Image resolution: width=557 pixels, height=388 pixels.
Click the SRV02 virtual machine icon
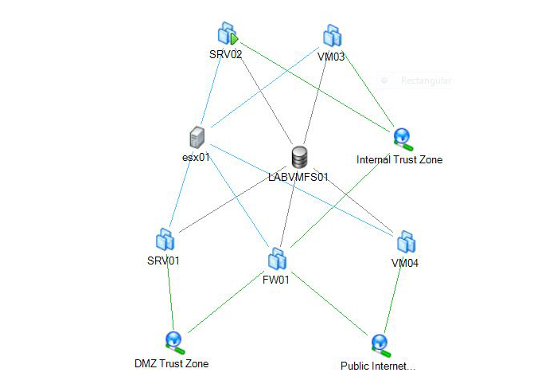[228, 34]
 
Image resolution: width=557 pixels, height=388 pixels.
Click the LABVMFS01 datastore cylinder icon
[299, 156]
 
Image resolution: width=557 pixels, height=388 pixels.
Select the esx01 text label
[196, 157]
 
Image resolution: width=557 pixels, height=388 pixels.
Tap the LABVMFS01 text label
[298, 176]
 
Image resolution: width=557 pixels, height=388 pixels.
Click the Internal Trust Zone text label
[399, 159]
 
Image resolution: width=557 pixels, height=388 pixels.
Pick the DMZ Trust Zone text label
[171, 364]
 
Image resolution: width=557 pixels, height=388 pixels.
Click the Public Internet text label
[378, 366]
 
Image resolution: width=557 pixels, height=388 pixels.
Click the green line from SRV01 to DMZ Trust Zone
[169, 295]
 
